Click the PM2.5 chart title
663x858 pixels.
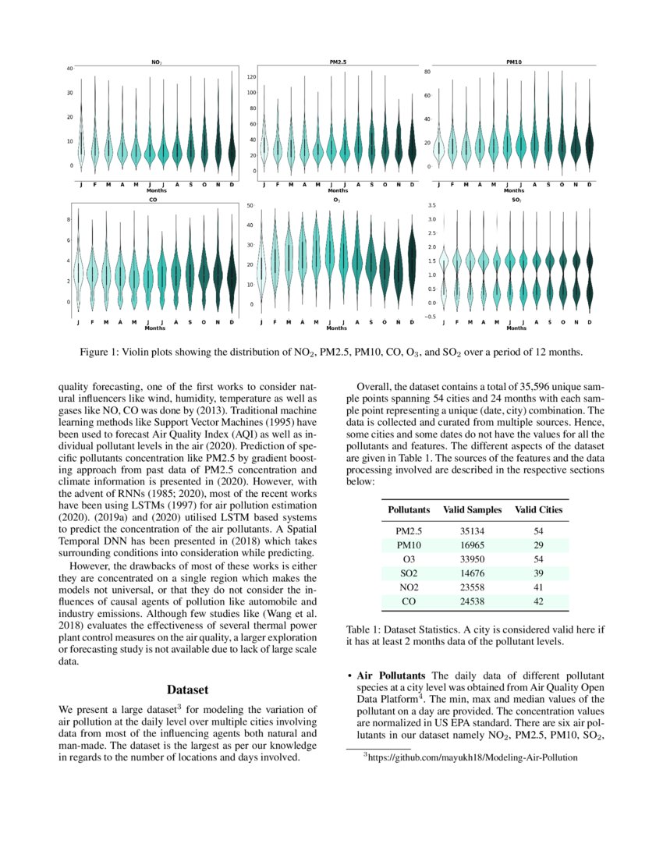[338, 62]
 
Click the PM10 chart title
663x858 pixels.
[514, 62]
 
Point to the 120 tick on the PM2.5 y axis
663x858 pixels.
[252, 77]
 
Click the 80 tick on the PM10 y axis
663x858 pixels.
[427, 72]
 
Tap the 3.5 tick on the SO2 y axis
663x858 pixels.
[431, 205]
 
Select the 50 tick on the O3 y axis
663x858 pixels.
[250, 205]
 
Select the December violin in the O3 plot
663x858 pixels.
[413, 257]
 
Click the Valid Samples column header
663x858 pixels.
[473, 509]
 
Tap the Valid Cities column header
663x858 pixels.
[538, 509]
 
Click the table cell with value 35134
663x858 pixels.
[473, 530]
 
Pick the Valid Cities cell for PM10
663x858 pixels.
[538, 544]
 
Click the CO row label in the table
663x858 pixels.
[408, 601]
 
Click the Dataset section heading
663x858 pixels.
[188, 690]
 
